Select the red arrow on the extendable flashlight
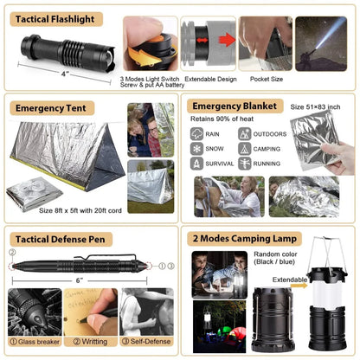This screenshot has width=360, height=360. click(226, 39)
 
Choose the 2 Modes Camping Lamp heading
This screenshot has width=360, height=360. click(246, 239)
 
